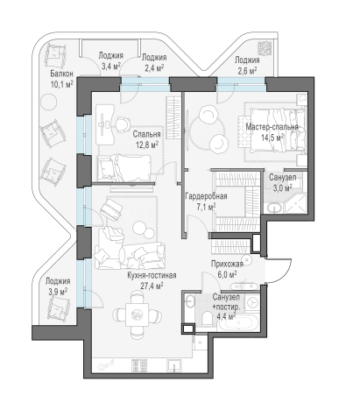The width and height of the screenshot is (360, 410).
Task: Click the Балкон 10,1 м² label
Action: (61, 79)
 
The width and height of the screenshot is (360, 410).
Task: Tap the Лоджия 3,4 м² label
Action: (110, 60)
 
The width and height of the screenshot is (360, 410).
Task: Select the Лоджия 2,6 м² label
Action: (247, 66)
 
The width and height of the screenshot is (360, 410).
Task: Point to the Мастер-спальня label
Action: (272, 127)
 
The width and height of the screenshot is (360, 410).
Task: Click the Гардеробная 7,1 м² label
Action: (206, 201)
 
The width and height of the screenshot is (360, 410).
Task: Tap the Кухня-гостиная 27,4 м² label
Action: (152, 280)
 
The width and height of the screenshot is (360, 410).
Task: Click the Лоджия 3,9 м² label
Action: (58, 286)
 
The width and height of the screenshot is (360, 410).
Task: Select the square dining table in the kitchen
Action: (138, 315)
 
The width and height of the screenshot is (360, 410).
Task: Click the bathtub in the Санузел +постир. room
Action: (238, 323)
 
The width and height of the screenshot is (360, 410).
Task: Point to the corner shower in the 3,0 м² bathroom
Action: (295, 203)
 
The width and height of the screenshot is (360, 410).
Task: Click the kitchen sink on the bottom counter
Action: (174, 365)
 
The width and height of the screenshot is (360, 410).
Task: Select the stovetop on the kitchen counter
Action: (139, 365)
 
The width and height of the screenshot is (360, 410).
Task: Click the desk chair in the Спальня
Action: (123, 124)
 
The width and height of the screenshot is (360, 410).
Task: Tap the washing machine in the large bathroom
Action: (251, 303)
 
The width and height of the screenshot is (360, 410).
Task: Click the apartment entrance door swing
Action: (279, 271)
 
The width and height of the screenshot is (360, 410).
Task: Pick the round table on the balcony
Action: (48, 102)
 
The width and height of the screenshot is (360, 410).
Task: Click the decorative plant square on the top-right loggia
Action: (265, 48)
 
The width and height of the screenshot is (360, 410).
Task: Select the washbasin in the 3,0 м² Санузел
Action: (274, 208)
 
